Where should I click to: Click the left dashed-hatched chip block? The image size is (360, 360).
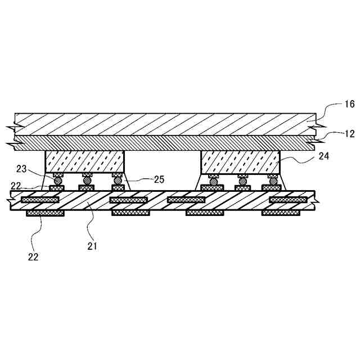[84, 161]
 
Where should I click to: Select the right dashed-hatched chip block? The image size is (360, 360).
[240, 161]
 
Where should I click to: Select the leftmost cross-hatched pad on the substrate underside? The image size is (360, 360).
[45, 213]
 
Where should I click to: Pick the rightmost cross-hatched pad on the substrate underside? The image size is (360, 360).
[281, 213]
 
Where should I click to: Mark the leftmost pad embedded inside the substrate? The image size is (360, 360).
[39, 200]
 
